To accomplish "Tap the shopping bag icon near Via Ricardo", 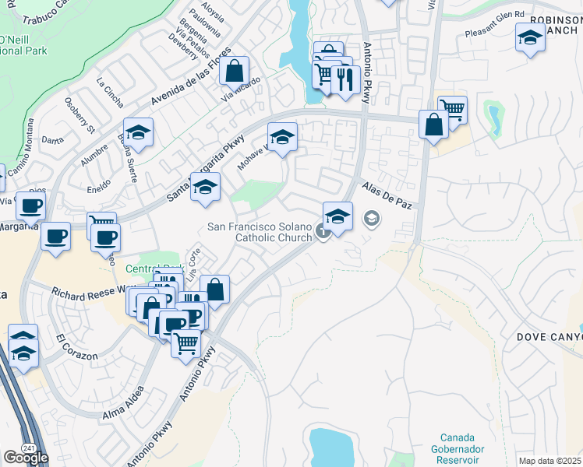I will click(x=234, y=72).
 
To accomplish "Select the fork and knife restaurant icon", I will click(x=344, y=78).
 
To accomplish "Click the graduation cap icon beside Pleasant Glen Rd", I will click(x=530, y=38).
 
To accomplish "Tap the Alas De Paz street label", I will click(x=387, y=195).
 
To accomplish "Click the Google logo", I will click(x=25, y=458).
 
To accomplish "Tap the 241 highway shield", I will click(x=28, y=448).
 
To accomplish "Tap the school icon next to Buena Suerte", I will click(x=138, y=133).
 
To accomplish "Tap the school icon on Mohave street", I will click(x=282, y=138).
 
